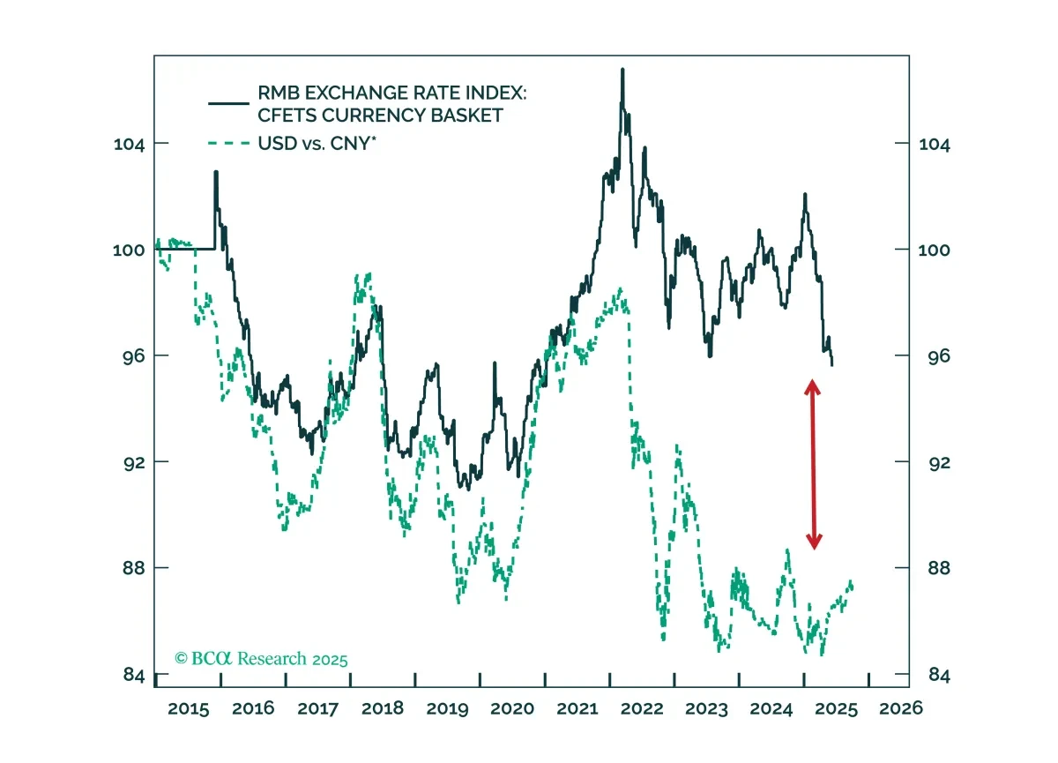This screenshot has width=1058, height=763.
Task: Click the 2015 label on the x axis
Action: coord(188,708)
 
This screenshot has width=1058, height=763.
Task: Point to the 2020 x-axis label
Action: coord(512,708)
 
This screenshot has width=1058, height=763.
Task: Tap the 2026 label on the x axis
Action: coord(901,708)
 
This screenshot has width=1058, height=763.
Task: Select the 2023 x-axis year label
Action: coord(706,708)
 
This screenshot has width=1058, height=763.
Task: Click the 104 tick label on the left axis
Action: coord(129,144)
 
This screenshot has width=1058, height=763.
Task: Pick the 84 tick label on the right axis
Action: coord(939,675)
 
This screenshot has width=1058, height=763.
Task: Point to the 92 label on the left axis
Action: coord(134,462)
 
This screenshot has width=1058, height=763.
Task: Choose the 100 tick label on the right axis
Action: coord(934,250)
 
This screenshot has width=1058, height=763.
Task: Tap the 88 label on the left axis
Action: coord(134,568)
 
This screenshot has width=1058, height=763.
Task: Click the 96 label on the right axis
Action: coord(939,356)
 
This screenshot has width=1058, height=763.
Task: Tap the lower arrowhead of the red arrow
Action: coord(815,542)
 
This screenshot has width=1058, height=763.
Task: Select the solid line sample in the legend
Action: coord(228,103)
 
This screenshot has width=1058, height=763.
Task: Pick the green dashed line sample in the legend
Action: coord(228,143)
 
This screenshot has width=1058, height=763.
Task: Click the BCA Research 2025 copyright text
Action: coord(261,658)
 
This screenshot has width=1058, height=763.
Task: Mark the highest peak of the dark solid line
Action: coord(622,70)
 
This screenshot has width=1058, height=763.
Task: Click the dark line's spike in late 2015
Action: coord(216,172)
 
